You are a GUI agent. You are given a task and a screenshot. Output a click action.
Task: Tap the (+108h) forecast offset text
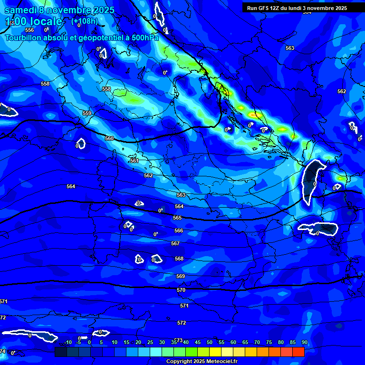(x=85, y=21)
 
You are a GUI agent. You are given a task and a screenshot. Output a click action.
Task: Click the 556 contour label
(x=29, y=30)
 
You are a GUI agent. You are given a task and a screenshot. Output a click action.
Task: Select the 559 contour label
(x=87, y=113)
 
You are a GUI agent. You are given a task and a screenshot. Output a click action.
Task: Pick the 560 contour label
(x=109, y=138)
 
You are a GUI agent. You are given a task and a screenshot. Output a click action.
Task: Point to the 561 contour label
(x=134, y=161)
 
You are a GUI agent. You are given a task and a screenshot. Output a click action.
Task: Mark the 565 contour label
(x=177, y=218)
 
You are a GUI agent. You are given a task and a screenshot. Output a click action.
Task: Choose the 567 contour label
(x=175, y=243)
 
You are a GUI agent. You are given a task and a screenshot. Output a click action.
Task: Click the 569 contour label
(x=181, y=276)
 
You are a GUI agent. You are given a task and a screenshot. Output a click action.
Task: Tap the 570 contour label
(x=181, y=290)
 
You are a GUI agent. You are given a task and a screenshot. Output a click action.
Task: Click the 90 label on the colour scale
(x=304, y=342)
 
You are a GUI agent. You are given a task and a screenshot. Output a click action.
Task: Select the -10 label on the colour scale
(x=68, y=342)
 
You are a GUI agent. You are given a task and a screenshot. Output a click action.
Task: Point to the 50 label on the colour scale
(x=210, y=342)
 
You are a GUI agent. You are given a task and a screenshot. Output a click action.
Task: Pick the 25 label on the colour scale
(x=150, y=342)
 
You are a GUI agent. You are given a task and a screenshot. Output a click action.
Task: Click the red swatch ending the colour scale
(x=298, y=352)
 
